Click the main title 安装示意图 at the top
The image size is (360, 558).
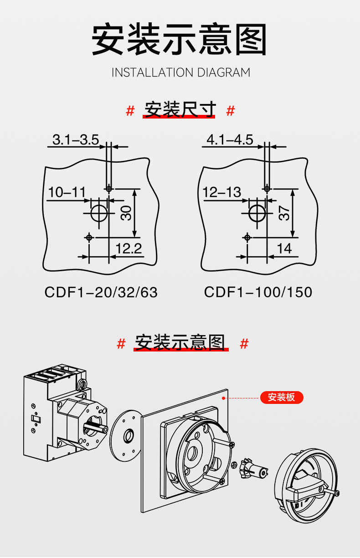click(x=180, y=40)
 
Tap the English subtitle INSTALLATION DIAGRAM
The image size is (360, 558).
click(x=181, y=72)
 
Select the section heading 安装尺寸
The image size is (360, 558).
click(x=180, y=110)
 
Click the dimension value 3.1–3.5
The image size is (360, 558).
click(x=76, y=139)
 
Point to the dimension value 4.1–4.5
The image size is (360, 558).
click(x=230, y=139)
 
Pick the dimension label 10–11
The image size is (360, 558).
click(x=67, y=192)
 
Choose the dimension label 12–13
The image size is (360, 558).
click(x=222, y=192)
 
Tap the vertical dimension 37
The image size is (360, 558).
click(x=284, y=213)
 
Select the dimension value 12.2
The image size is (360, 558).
click(x=129, y=249)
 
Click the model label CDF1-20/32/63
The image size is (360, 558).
click(x=101, y=292)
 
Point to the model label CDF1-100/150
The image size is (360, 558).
click(x=258, y=292)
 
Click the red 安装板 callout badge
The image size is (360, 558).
click(x=281, y=397)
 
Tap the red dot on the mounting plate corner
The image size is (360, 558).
click(x=223, y=398)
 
